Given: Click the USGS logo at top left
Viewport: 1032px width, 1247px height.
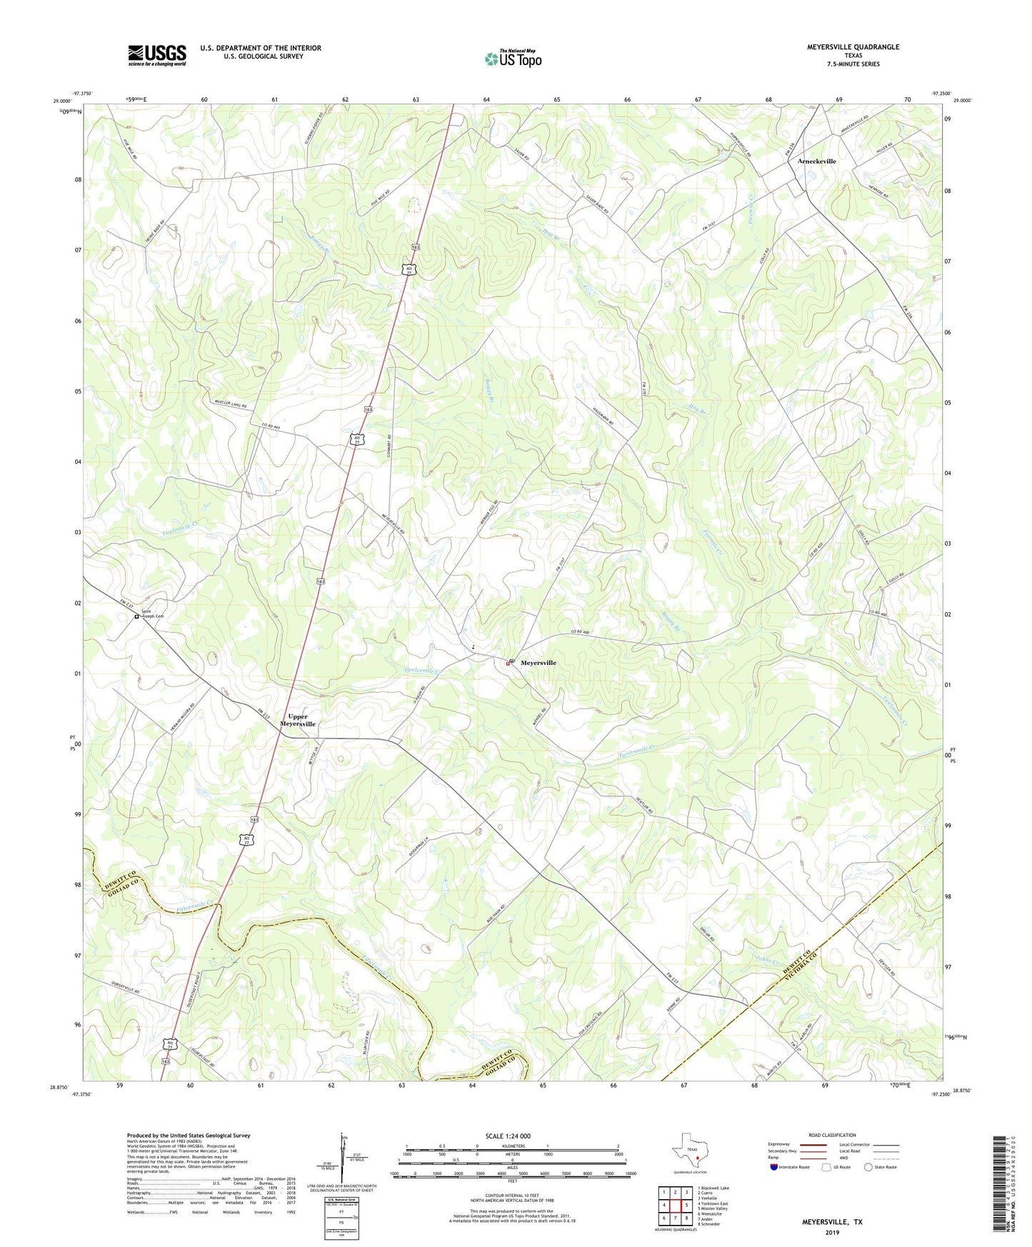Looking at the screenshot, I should (157, 55).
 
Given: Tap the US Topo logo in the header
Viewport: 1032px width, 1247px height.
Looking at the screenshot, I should (513, 59).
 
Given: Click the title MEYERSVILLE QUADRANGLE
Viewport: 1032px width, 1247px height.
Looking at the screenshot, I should (843, 47).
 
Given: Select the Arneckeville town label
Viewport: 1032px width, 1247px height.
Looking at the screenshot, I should (816, 161).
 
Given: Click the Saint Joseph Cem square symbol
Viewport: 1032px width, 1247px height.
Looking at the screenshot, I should (136, 616).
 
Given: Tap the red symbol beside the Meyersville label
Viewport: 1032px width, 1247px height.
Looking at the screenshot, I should (508, 663).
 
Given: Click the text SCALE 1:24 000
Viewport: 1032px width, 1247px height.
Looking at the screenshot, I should (508, 1136).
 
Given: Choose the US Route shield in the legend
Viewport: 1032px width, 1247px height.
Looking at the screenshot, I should (827, 1167).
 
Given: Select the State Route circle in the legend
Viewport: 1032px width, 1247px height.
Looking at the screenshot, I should (868, 1167).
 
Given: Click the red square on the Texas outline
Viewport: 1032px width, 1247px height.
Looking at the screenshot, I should (697, 1159).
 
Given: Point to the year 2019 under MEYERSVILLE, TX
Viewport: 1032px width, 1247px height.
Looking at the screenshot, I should (832, 1233).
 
